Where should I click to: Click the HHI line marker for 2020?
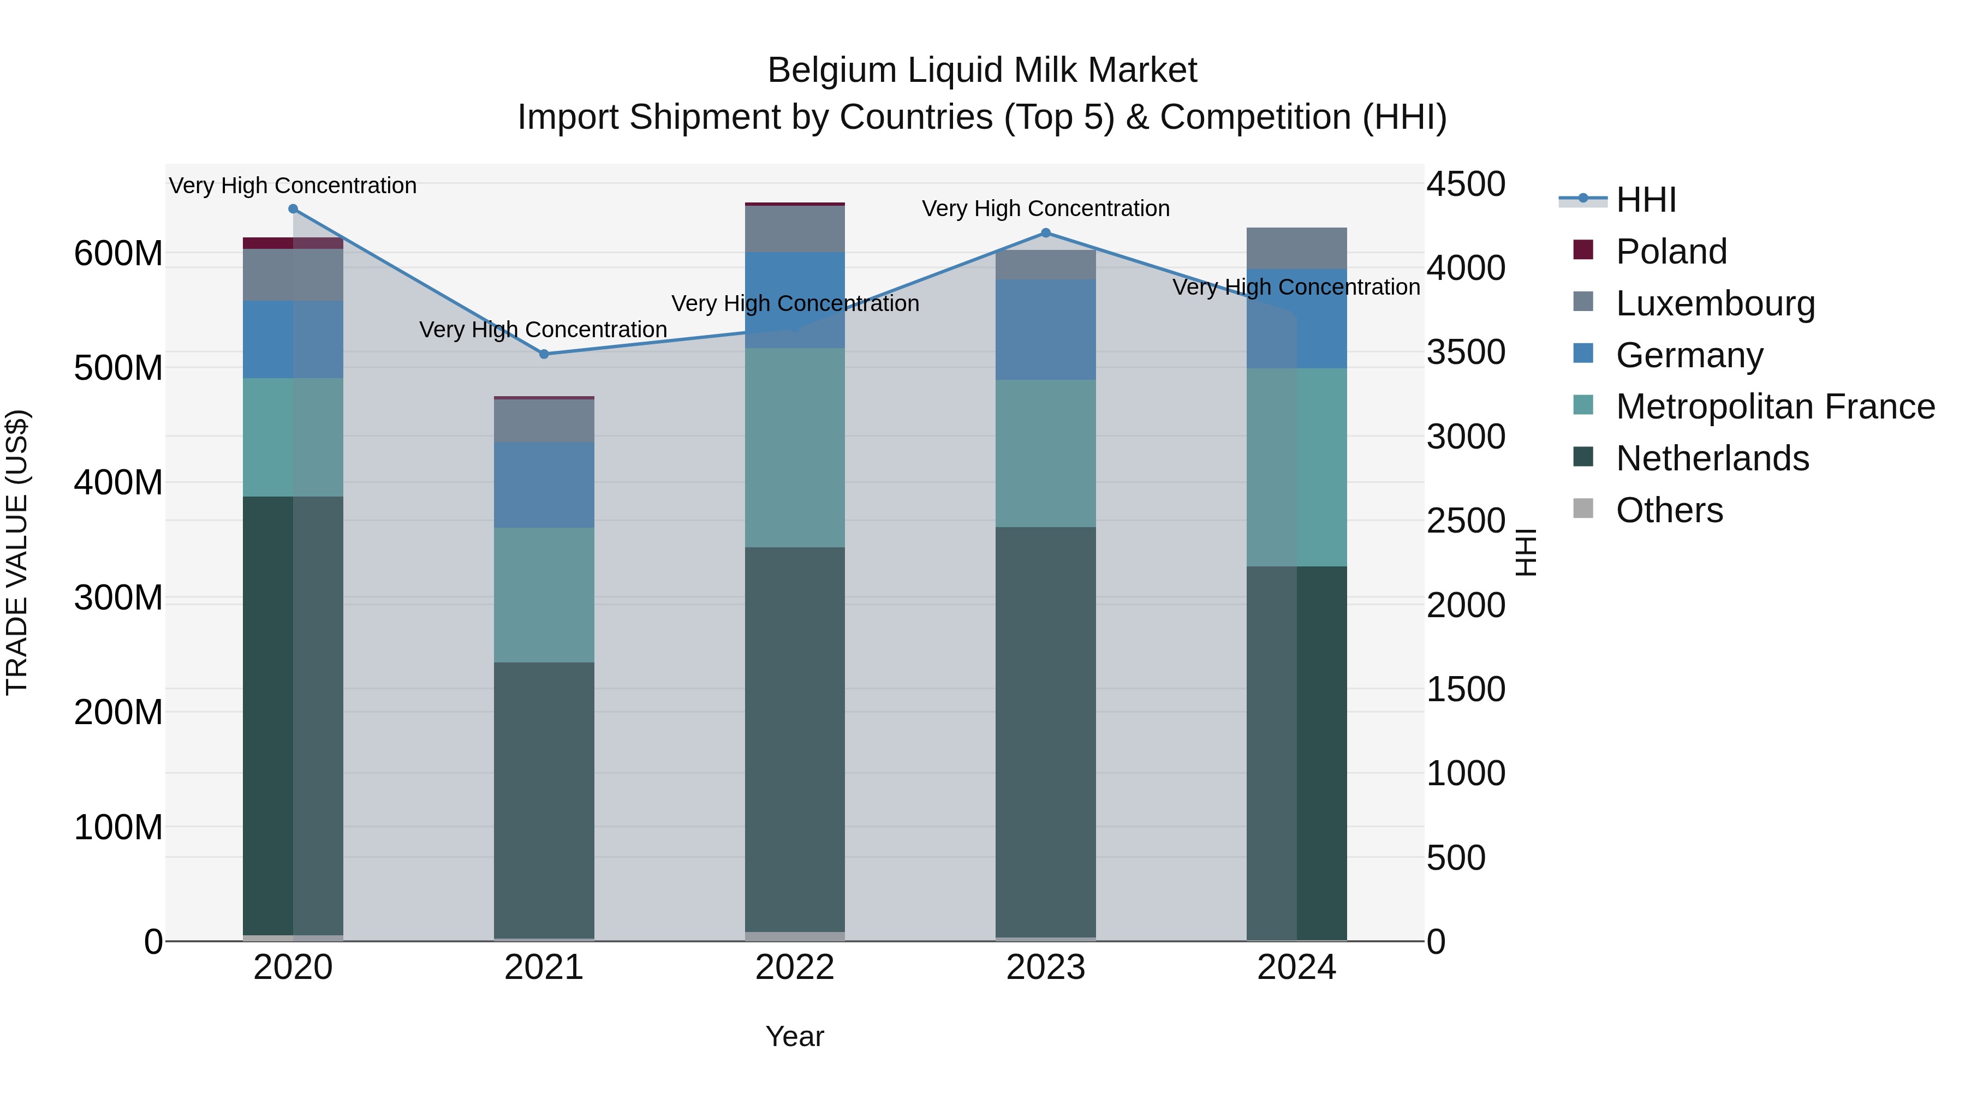coord(293,209)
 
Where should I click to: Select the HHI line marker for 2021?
coord(544,354)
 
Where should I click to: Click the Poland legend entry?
coord(1671,252)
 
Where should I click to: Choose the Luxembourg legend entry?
coord(1715,303)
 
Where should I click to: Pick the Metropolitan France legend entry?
coord(1775,407)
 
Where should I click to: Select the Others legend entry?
coord(1669,510)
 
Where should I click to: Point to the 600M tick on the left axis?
coord(118,253)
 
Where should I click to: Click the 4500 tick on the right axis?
coord(1466,184)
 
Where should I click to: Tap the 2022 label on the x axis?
coord(795,967)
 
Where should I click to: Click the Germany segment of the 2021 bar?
coord(544,485)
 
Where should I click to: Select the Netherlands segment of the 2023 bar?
coord(1046,732)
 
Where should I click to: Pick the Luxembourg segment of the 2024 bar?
coord(1297,249)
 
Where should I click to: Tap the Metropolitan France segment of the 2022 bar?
coord(795,447)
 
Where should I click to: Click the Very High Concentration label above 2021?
coord(543,330)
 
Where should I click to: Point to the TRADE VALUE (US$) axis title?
coord(17,552)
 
